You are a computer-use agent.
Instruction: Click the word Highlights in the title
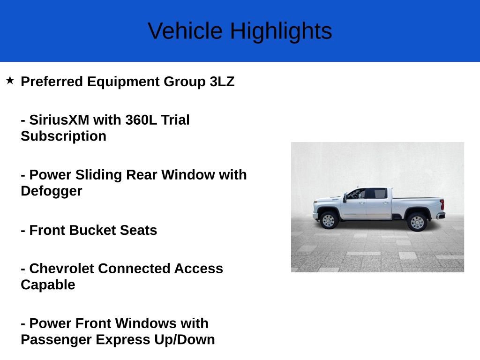coord(281,31)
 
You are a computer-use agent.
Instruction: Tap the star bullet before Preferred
coord(10,81)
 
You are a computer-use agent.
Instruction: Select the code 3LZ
coord(222,82)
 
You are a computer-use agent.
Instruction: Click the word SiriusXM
coord(59,120)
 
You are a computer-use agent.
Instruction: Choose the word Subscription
coord(63,136)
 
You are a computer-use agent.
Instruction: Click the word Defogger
coord(51,191)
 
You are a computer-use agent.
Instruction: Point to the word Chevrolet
coord(61,269)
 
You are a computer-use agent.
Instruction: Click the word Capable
coord(48,285)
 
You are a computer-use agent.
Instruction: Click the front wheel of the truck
coord(329,221)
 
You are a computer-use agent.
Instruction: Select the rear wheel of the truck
coord(417,222)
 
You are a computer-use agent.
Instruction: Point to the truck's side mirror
coord(345,197)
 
